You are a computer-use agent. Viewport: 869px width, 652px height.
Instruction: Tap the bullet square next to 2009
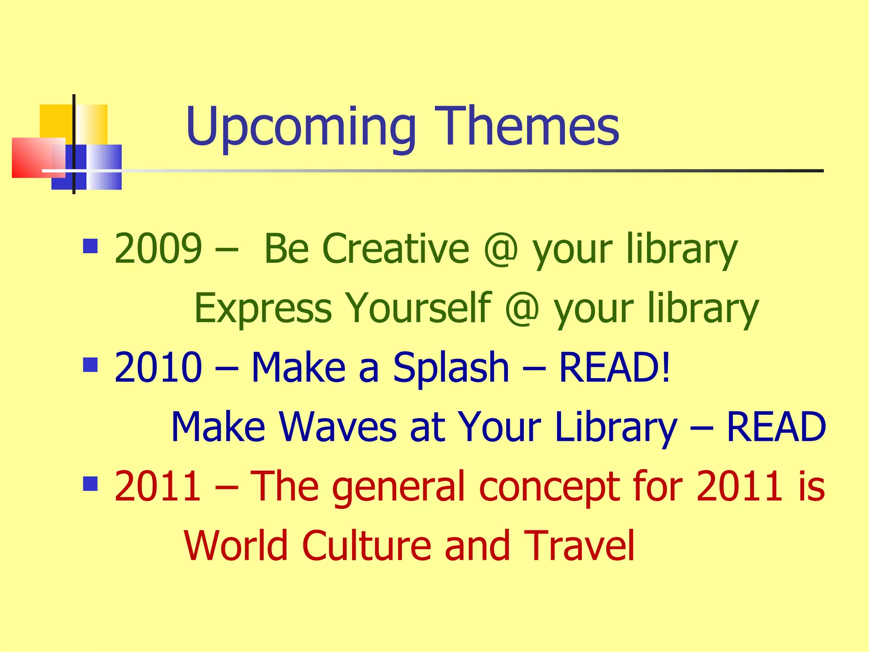(90, 246)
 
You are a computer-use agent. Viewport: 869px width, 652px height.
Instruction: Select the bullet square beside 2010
(90, 365)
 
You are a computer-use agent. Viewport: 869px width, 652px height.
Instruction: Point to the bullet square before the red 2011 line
(90, 483)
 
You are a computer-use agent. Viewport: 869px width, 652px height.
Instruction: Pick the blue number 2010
(158, 367)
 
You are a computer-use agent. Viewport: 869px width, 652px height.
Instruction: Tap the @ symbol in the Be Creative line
(501, 249)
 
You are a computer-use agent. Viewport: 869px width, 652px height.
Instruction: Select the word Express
(263, 309)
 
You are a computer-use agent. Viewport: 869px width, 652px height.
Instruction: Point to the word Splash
(451, 368)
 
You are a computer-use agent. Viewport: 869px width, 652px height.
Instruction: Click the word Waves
(337, 427)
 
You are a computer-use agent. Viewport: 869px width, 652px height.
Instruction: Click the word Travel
(579, 546)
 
